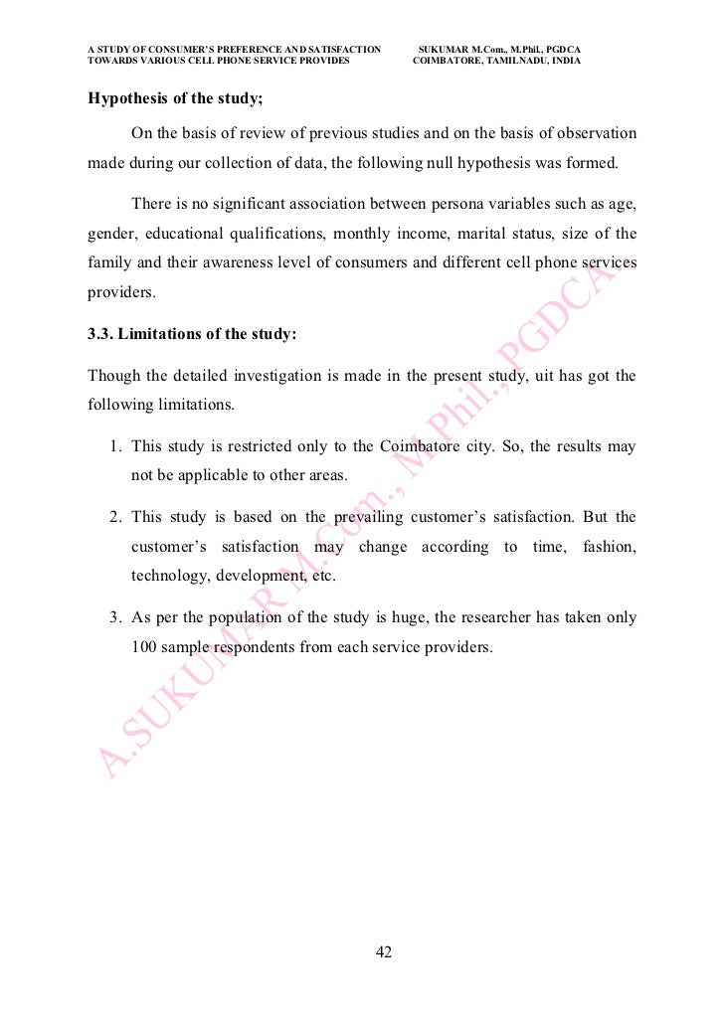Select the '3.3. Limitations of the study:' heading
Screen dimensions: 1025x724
192,334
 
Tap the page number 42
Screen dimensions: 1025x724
384,952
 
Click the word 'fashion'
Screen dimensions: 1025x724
608,547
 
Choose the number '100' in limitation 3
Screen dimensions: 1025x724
145,647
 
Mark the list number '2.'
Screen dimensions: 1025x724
115,517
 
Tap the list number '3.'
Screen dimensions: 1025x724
115,617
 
